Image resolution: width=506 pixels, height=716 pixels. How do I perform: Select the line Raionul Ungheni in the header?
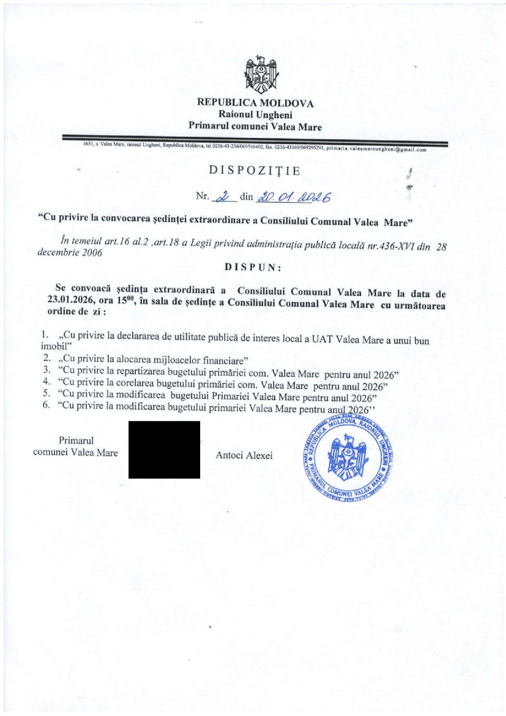[255, 115]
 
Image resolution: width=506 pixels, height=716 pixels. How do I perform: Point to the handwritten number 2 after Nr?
[224, 197]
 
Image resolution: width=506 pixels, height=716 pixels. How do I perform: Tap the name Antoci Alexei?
[244, 456]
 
